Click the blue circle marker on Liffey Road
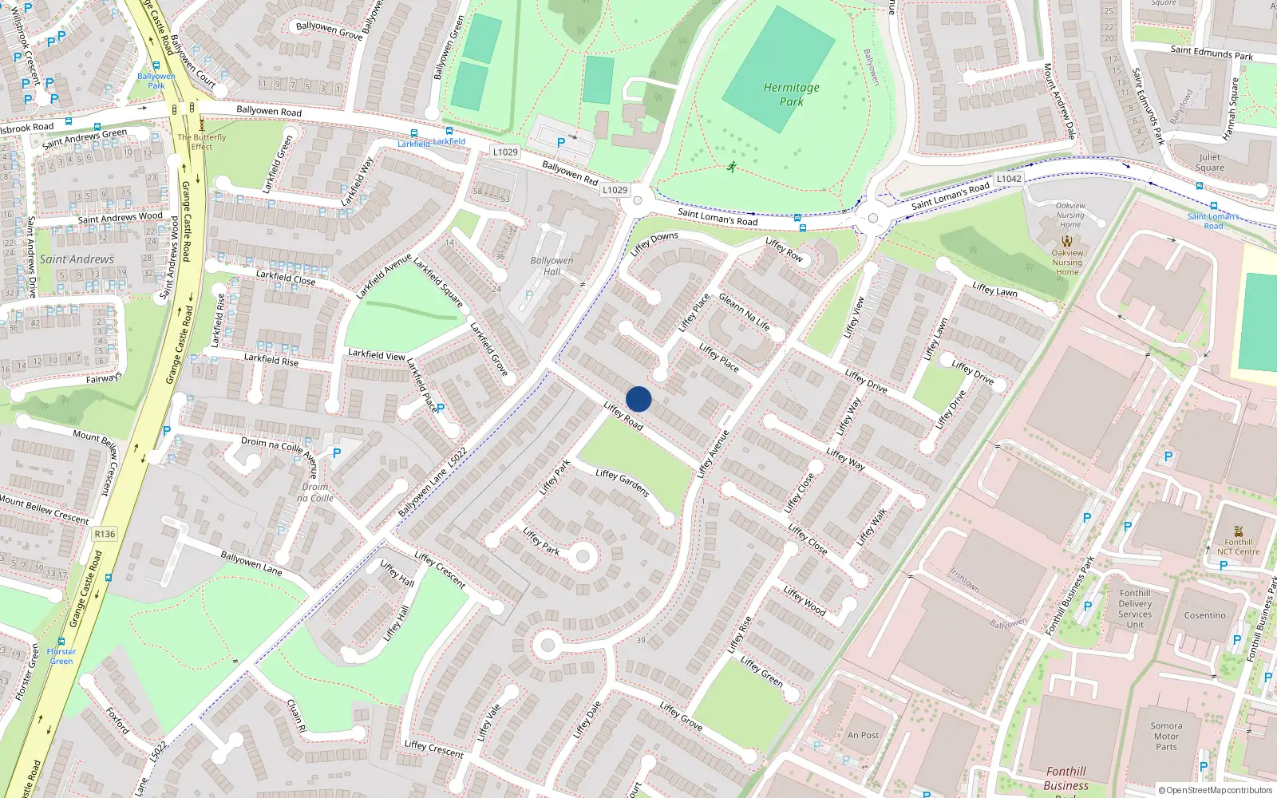(x=638, y=399)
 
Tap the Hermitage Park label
(x=791, y=94)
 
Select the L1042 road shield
(x=1008, y=179)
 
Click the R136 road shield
(x=105, y=534)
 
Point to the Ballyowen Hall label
(x=552, y=266)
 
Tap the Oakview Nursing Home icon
(x=1067, y=241)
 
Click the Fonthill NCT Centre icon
(x=1238, y=531)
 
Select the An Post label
(x=863, y=735)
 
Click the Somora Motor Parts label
(x=1166, y=737)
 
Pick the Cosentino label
(x=1204, y=615)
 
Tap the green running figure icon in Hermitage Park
(x=732, y=167)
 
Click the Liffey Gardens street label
(x=623, y=483)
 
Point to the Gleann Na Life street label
(x=744, y=311)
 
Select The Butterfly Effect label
(x=202, y=142)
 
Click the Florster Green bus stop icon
(x=61, y=641)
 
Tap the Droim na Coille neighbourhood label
(x=315, y=492)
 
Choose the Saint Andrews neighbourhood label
(x=77, y=259)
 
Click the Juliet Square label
(x=1209, y=162)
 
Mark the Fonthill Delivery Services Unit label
(x=1135, y=609)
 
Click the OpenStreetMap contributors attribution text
(x=1216, y=790)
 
